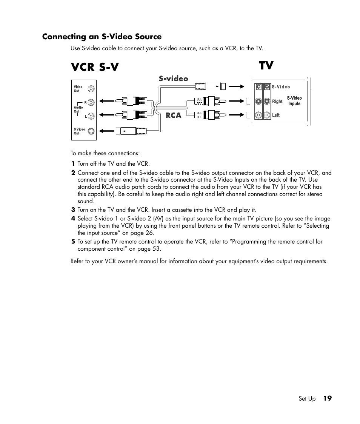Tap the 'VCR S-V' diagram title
click(x=94, y=67)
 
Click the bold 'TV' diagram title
click(x=266, y=65)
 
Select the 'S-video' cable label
click(x=173, y=79)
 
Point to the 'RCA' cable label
click(x=174, y=115)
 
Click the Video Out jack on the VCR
click(x=91, y=89)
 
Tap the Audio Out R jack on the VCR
click(x=91, y=102)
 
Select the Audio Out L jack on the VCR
click(x=91, y=116)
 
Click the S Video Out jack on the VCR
click(x=91, y=131)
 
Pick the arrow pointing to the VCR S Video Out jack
click(x=107, y=131)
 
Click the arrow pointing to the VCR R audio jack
click(x=107, y=101)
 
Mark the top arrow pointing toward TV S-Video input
click(x=237, y=86)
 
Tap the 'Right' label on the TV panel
click(x=277, y=101)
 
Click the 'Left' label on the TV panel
click(x=276, y=115)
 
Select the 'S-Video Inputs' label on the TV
click(x=294, y=101)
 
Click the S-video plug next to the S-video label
click(x=210, y=86)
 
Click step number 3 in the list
click(x=73, y=210)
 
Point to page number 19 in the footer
click(x=327, y=398)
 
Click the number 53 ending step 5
click(x=156, y=249)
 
